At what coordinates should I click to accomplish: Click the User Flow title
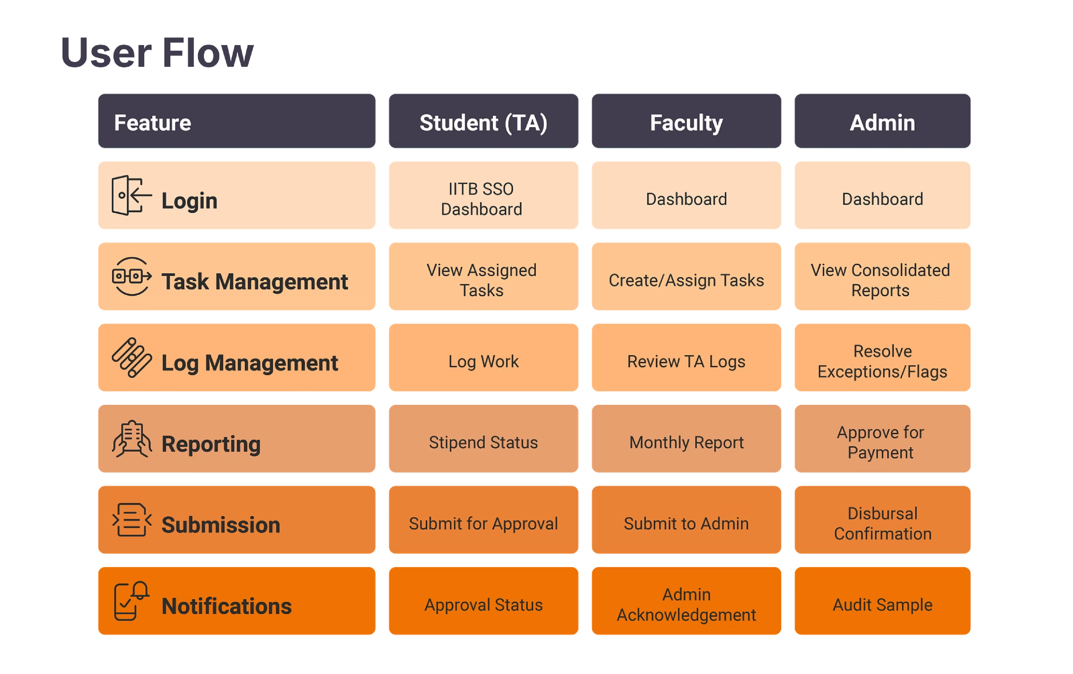point(157,53)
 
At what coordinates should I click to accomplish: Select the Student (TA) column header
point(483,122)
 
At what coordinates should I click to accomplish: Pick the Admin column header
point(882,122)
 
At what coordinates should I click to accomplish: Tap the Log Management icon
point(131,358)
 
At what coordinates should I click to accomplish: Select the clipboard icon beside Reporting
point(131,439)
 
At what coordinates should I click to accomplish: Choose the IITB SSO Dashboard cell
point(483,199)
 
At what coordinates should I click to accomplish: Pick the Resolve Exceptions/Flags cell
point(882,361)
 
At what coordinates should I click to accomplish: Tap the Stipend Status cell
point(483,442)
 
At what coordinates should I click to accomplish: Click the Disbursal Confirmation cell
point(882,523)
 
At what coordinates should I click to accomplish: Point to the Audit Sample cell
point(882,604)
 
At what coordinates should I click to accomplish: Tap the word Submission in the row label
point(220,525)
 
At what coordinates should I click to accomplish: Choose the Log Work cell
point(483,361)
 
